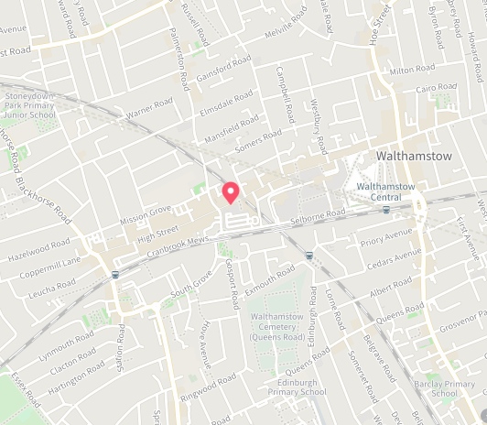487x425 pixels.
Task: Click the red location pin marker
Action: click(x=231, y=191)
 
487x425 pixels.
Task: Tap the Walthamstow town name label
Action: click(x=414, y=157)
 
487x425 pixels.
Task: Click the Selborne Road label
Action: click(x=318, y=215)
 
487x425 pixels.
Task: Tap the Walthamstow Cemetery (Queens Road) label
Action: click(x=277, y=327)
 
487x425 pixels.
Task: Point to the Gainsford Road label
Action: click(x=223, y=70)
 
